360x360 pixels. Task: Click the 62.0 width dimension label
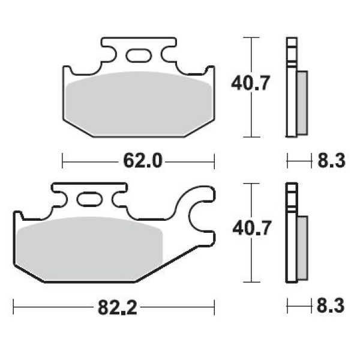pyautogui.click(x=143, y=161)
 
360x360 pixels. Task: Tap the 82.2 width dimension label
pyautogui.click(x=118, y=307)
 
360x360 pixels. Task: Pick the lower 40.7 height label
pyautogui.click(x=252, y=228)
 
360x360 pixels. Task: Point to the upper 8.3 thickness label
pyautogui.click(x=331, y=161)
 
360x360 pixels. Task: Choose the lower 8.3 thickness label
pyautogui.click(x=331, y=305)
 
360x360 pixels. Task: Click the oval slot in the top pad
pyautogui.click(x=139, y=55)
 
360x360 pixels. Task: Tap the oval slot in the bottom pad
pyautogui.click(x=89, y=199)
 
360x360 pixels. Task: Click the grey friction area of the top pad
pyautogui.click(x=139, y=104)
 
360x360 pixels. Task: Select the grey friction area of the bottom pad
pyautogui.click(x=89, y=249)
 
